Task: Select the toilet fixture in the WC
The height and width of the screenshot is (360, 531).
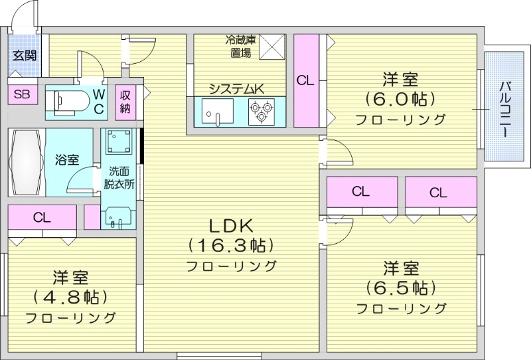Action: (x=69, y=102)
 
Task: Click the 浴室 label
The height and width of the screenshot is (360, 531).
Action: (x=67, y=159)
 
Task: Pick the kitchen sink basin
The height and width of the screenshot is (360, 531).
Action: (x=216, y=111)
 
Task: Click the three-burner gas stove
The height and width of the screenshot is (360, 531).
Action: (x=261, y=111)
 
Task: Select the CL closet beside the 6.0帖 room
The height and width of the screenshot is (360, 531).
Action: (x=305, y=80)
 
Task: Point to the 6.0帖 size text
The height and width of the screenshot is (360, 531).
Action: (x=400, y=99)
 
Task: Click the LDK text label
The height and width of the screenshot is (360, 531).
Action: (x=230, y=225)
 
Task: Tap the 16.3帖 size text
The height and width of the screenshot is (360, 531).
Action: (x=230, y=245)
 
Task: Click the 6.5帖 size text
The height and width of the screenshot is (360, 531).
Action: (x=400, y=288)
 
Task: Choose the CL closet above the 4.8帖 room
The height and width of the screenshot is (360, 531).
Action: (x=41, y=217)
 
